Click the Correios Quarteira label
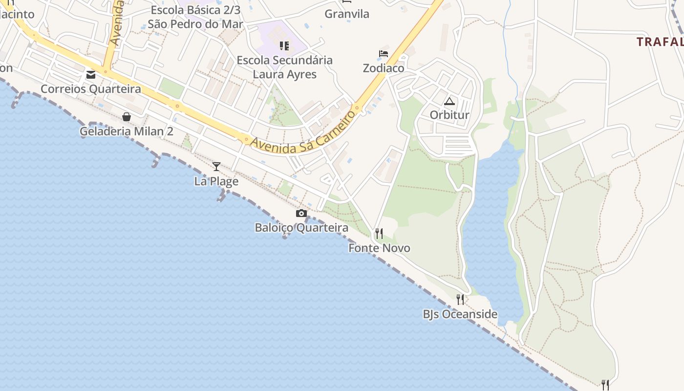coord(90,89)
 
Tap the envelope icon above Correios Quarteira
coord(91,75)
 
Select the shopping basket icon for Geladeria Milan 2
coord(127,117)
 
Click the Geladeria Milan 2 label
coord(127,131)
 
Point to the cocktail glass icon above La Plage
coord(216,167)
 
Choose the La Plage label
coord(216,181)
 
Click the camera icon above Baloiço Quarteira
coord(301,213)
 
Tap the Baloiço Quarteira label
coord(301,228)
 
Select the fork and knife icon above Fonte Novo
coord(379,233)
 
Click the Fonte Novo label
coord(379,248)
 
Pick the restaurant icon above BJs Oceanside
coord(460,299)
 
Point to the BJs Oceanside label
coord(460,314)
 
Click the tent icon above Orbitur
coord(449,101)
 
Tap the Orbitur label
coord(449,115)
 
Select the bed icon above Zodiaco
coord(384,54)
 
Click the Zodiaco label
coord(384,68)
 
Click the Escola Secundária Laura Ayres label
coord(284,67)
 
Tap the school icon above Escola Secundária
coord(284,46)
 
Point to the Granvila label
coord(347,14)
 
